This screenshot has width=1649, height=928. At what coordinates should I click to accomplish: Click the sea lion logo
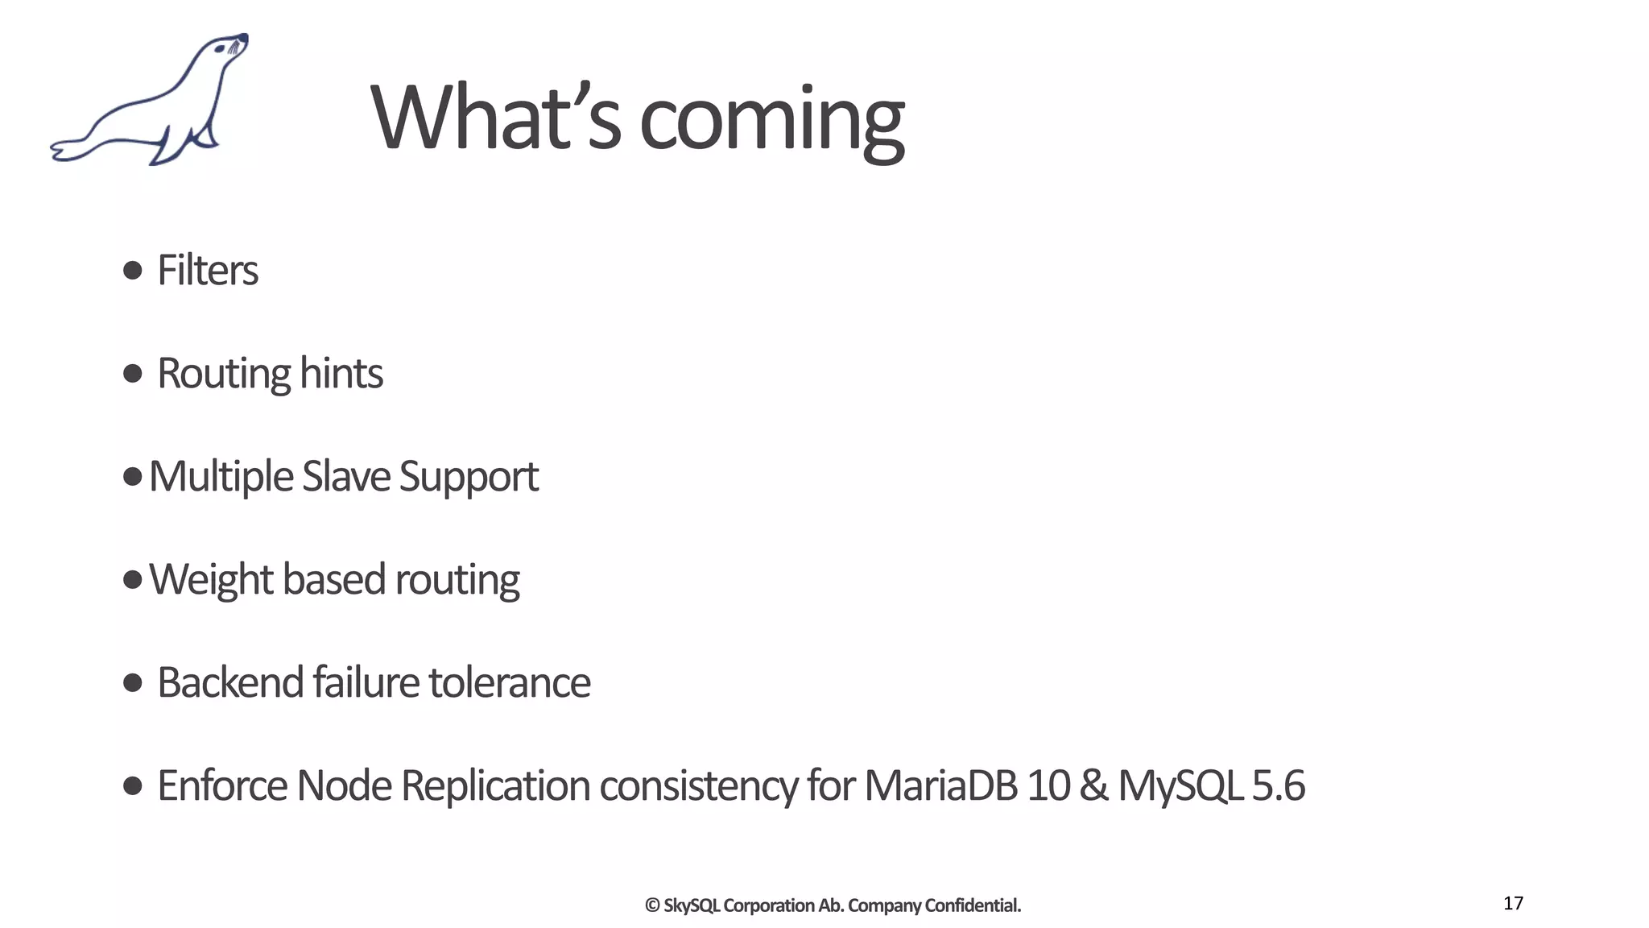(150, 101)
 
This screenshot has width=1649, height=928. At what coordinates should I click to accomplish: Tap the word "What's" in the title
(495, 118)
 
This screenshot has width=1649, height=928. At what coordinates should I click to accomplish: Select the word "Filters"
(208, 270)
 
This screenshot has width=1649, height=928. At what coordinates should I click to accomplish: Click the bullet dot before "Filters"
(133, 270)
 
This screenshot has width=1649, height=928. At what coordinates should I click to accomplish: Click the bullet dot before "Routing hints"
(133, 373)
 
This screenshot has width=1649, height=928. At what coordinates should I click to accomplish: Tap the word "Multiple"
(221, 476)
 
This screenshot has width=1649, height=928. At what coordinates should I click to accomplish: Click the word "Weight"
(211, 579)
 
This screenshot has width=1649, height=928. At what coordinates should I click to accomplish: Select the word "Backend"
(229, 682)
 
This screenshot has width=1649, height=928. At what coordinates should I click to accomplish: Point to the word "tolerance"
(510, 682)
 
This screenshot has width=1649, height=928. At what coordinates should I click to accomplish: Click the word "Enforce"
(222, 785)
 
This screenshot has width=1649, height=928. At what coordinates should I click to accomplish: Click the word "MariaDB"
(940, 785)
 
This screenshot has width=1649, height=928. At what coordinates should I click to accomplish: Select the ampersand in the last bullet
(1093, 785)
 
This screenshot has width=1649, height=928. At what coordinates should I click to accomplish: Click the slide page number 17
(1513, 903)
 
